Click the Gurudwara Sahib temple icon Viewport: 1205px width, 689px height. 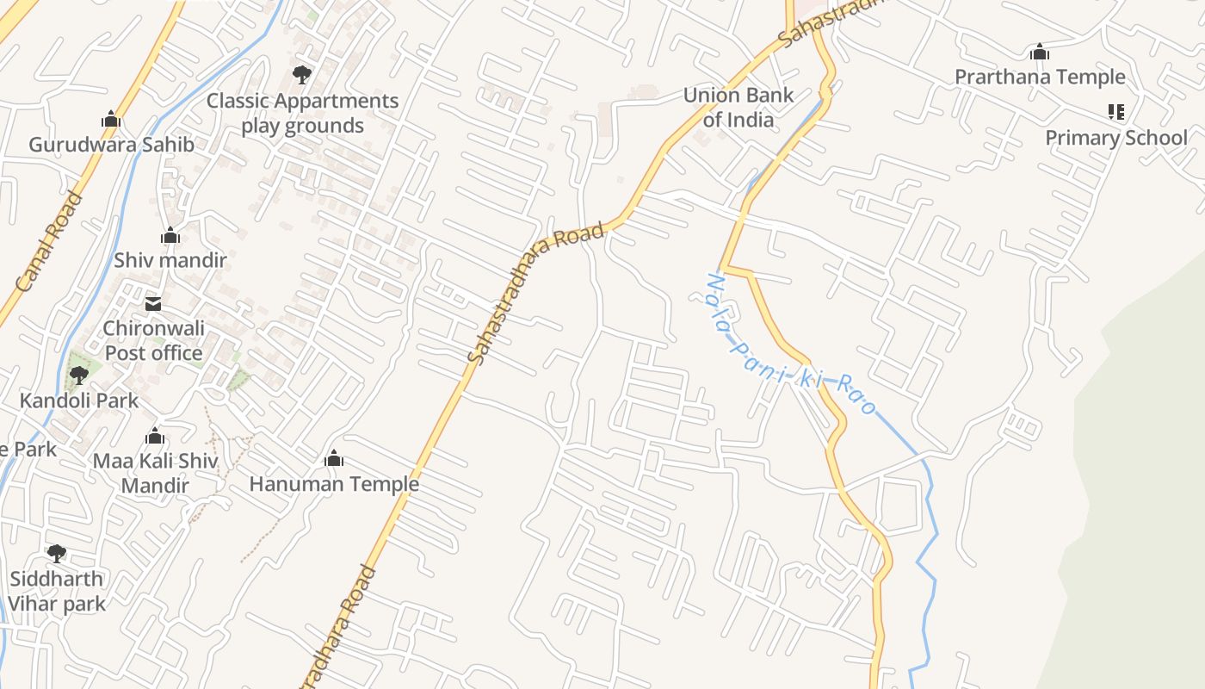pos(110,120)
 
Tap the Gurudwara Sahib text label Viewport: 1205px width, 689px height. pos(111,145)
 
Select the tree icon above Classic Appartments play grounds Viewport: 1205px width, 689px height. pos(301,75)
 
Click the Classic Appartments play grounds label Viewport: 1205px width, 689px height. pos(303,114)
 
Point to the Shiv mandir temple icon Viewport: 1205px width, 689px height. pos(170,235)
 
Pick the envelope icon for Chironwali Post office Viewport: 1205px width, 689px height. pos(153,303)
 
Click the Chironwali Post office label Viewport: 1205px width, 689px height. pos(153,341)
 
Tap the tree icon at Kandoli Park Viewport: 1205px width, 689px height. pos(79,376)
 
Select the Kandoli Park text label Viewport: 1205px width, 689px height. pos(79,400)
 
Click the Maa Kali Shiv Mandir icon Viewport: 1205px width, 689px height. pos(155,437)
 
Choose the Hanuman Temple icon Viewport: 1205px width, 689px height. pos(334,459)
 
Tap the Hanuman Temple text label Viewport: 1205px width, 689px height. pos(334,484)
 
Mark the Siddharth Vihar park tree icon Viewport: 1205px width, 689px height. pos(56,553)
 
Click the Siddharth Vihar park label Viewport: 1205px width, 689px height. pos(57,591)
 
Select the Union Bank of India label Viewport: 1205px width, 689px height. pos(738,107)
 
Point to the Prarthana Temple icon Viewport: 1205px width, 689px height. pos(1040,53)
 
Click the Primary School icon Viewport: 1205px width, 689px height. pos(1115,112)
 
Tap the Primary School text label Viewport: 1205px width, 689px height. pos(1115,138)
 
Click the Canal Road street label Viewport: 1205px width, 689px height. pos(49,241)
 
